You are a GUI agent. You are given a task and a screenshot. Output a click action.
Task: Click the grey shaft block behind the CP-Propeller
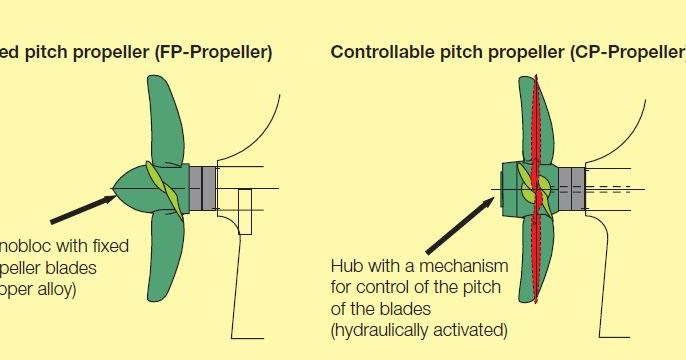click(x=571, y=187)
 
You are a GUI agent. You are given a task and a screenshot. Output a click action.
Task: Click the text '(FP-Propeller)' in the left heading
click(x=213, y=51)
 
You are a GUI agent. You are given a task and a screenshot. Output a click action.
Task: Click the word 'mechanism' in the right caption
click(x=463, y=267)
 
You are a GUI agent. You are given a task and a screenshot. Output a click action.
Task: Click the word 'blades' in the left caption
click(x=97, y=268)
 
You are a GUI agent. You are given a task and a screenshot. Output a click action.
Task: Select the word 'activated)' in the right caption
click(x=472, y=330)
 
